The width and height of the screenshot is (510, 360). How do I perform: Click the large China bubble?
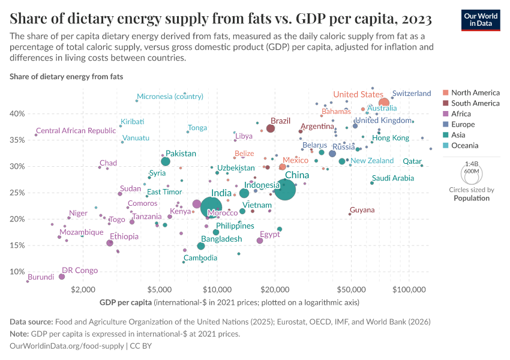pyautogui.click(x=285, y=189)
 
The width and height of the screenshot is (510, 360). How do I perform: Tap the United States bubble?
pyautogui.click(x=384, y=103)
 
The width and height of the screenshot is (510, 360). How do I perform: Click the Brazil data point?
pyautogui.click(x=271, y=128)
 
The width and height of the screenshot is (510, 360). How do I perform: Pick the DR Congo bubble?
pyautogui.click(x=62, y=277)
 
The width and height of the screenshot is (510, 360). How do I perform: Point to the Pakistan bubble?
pyautogui.click(x=166, y=161)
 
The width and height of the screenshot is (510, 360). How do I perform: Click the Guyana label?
pyautogui.click(x=362, y=210)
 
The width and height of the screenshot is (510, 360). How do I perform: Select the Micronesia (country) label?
pyautogui.click(x=170, y=96)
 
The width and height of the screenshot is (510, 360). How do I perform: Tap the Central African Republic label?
pyautogui.click(x=76, y=131)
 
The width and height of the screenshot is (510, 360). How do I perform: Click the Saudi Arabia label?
pyautogui.click(x=393, y=178)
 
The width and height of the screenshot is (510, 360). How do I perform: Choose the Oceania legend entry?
pyautogui.click(x=464, y=145)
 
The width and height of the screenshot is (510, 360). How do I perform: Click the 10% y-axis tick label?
pyautogui.click(x=17, y=272)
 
